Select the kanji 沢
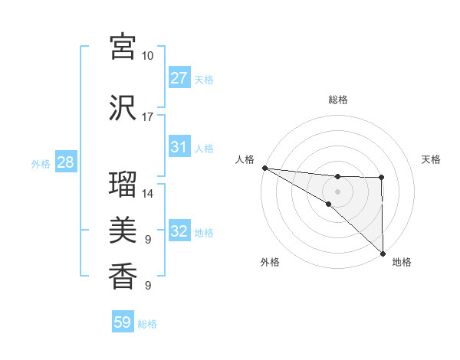[x=123, y=107]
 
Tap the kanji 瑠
[x=123, y=185]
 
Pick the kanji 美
[x=123, y=229]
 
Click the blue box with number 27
[x=179, y=78]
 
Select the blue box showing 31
[x=179, y=147]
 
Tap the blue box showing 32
[x=179, y=231]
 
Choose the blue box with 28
[x=65, y=162]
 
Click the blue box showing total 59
[x=123, y=322]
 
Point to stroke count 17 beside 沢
[x=148, y=117]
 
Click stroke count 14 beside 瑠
[x=148, y=194]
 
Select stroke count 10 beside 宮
[x=148, y=56]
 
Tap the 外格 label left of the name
[x=41, y=163]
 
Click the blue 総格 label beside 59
[x=147, y=324]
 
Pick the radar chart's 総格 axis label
[x=338, y=100]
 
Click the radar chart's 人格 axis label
[x=245, y=159]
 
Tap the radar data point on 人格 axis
[x=264, y=168]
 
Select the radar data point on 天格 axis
[x=382, y=178]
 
